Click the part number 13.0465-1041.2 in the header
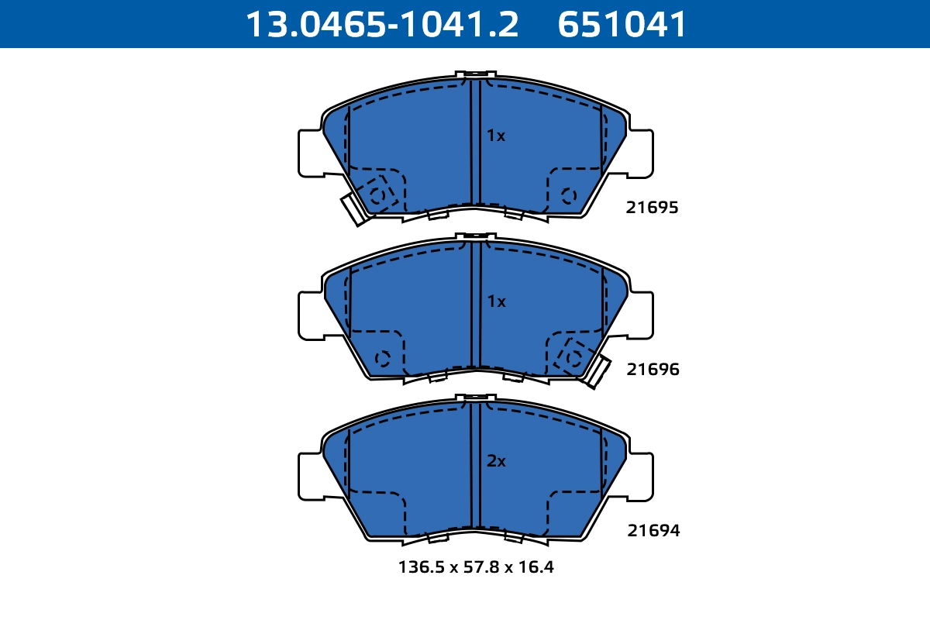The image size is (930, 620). click(381, 24)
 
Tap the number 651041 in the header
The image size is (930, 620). click(622, 24)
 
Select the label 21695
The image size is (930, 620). click(653, 208)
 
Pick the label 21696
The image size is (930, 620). click(653, 370)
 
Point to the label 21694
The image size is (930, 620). click(653, 531)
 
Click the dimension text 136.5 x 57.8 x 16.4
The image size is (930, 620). click(476, 567)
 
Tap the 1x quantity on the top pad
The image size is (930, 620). click(496, 136)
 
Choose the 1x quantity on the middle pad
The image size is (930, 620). click(496, 301)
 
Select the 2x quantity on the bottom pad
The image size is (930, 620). click(496, 461)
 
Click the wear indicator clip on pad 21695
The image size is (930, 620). click(354, 208)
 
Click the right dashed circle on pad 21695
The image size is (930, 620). click(568, 196)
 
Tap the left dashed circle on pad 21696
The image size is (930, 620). click(381, 358)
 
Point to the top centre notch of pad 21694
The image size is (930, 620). click(476, 398)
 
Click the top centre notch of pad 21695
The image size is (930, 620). click(476, 75)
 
